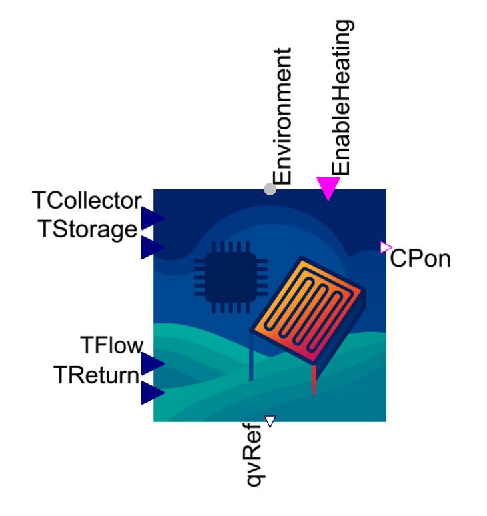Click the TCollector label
(87, 201)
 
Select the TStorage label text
(87, 229)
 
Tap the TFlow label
(112, 345)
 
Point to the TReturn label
(96, 375)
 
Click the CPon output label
(420, 258)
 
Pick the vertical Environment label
(282, 116)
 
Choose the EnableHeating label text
(341, 97)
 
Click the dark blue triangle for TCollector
(153, 218)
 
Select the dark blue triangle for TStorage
(153, 247)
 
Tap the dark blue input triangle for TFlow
(153, 363)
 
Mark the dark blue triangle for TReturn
(153, 393)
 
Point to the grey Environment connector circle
(270, 189)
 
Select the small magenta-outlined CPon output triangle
(386, 247)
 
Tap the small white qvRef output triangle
(270, 421)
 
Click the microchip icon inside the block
(231, 277)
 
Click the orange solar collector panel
(308, 309)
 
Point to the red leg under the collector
(314, 379)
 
